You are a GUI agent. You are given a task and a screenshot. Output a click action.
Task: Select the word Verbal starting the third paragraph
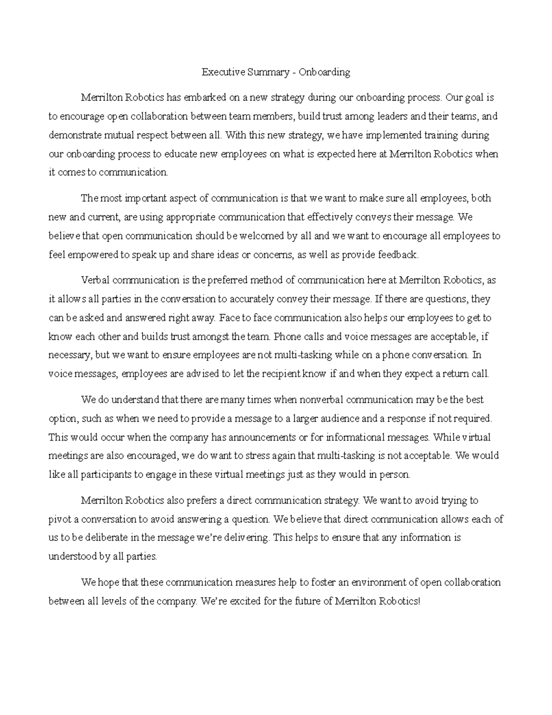[95, 280]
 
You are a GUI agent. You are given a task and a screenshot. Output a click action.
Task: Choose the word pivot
[58, 519]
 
